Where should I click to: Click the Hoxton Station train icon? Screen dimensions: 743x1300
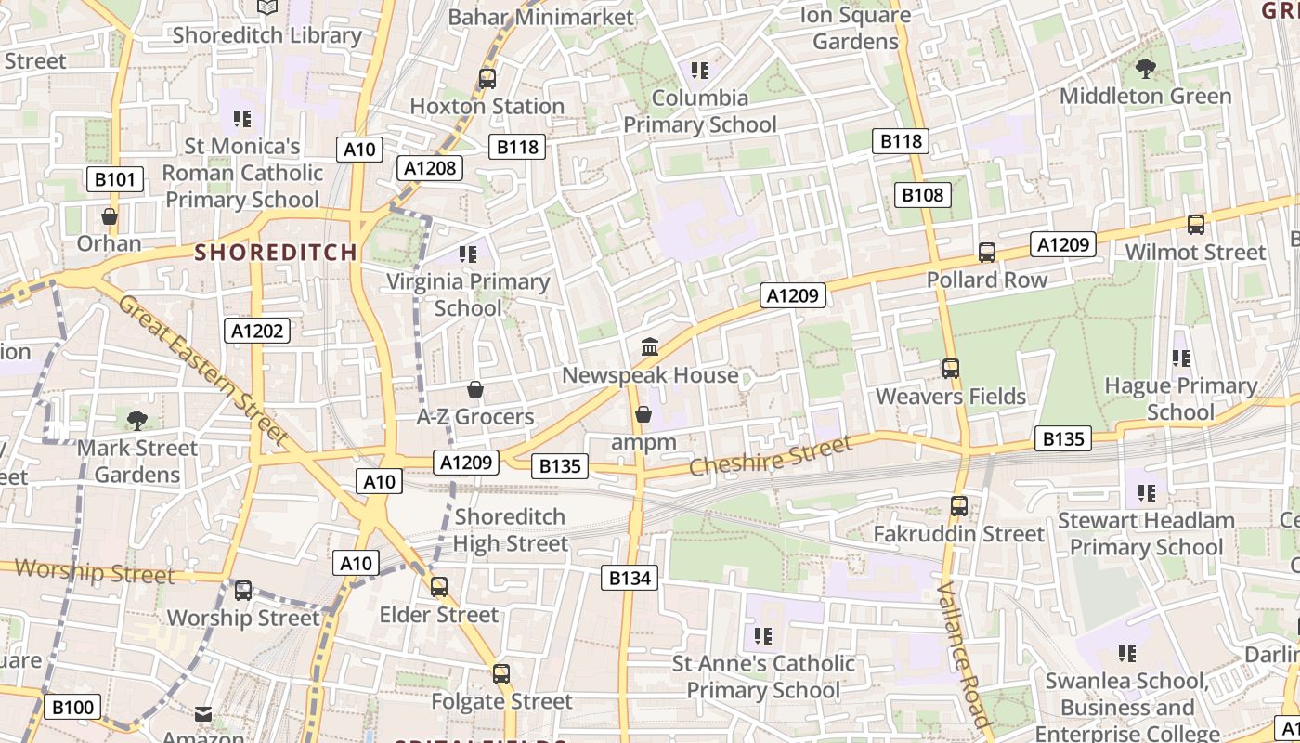(487, 79)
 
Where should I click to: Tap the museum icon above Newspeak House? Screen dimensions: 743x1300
(650, 347)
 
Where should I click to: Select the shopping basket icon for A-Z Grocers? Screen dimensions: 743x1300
(475, 389)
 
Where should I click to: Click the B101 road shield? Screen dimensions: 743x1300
(115, 179)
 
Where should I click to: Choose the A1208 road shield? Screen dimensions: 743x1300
(430, 167)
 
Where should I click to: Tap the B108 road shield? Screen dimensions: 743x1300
(923, 194)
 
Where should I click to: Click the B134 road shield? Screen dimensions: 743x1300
(630, 578)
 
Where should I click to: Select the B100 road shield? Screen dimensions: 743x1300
(72, 707)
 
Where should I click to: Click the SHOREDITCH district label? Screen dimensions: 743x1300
(276, 252)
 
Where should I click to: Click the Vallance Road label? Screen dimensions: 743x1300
(963, 655)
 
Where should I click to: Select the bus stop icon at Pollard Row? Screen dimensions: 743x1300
(987, 253)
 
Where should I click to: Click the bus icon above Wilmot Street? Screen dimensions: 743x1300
(1196, 224)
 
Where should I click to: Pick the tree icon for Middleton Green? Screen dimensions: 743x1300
(1146, 68)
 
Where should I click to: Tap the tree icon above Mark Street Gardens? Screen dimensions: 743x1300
(137, 421)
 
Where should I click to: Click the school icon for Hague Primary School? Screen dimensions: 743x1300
(1180, 358)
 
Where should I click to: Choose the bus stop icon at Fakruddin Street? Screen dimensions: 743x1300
(959, 506)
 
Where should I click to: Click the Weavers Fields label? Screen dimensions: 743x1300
(951, 397)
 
